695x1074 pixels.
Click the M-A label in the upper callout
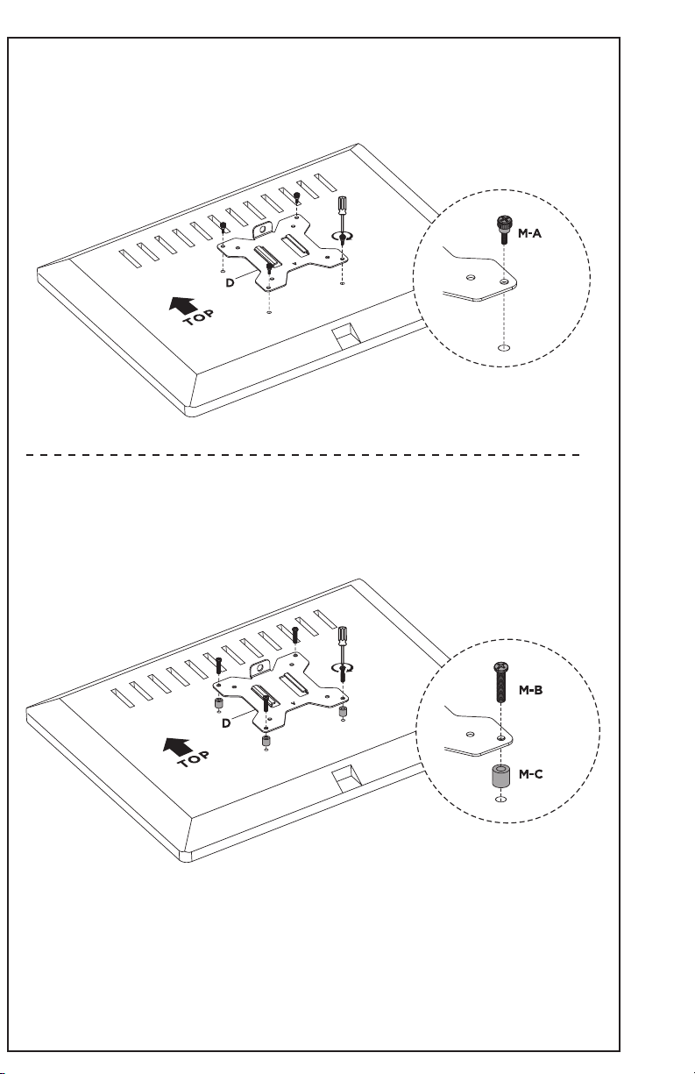pyautogui.click(x=529, y=233)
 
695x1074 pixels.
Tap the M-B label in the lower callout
pyautogui.click(x=530, y=691)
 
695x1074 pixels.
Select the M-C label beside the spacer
pyautogui.click(x=530, y=774)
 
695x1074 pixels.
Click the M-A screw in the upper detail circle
pyautogui.click(x=503, y=230)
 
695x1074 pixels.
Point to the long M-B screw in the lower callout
pyautogui.click(x=501, y=682)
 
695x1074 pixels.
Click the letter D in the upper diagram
pyautogui.click(x=230, y=283)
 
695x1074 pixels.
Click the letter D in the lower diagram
pyautogui.click(x=226, y=723)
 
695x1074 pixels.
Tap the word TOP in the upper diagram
pyautogui.click(x=198, y=318)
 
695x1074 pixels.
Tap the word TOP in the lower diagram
pyautogui.click(x=193, y=758)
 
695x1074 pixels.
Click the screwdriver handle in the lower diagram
pyautogui.click(x=344, y=636)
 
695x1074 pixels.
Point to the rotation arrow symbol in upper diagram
pyautogui.click(x=344, y=237)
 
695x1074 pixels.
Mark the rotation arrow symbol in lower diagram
pyautogui.click(x=344, y=667)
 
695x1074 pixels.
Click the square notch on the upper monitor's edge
pyautogui.click(x=346, y=335)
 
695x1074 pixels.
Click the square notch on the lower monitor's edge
pyautogui.click(x=346, y=779)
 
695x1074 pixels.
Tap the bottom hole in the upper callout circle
pyautogui.click(x=503, y=347)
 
